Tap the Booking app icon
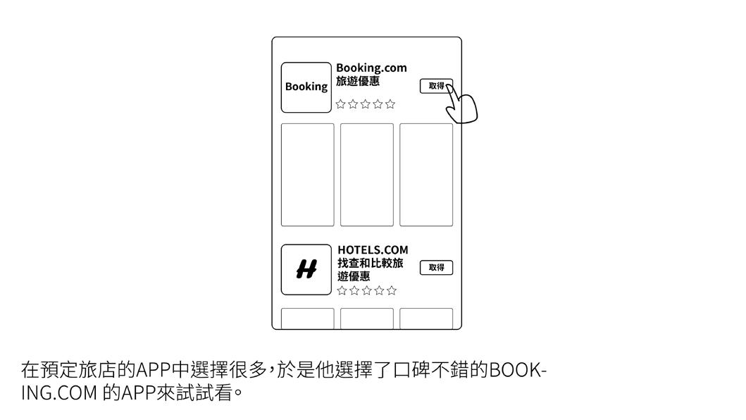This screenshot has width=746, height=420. click(306, 87)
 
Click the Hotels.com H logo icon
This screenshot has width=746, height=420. click(306, 269)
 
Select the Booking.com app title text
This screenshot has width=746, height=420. click(371, 68)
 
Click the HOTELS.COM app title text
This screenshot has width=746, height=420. click(373, 250)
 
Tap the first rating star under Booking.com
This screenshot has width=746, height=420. click(341, 104)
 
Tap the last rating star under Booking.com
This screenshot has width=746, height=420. click(390, 104)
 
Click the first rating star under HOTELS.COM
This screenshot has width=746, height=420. click(342, 290)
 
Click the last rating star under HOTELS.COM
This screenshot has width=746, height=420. click(392, 290)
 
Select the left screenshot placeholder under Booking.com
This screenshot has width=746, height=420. click(308, 175)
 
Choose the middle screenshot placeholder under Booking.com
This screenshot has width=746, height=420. click(367, 175)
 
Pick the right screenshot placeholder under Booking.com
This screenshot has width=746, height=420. click(426, 175)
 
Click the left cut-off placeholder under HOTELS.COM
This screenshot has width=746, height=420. click(308, 319)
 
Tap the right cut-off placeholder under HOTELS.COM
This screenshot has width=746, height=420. click(426, 319)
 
